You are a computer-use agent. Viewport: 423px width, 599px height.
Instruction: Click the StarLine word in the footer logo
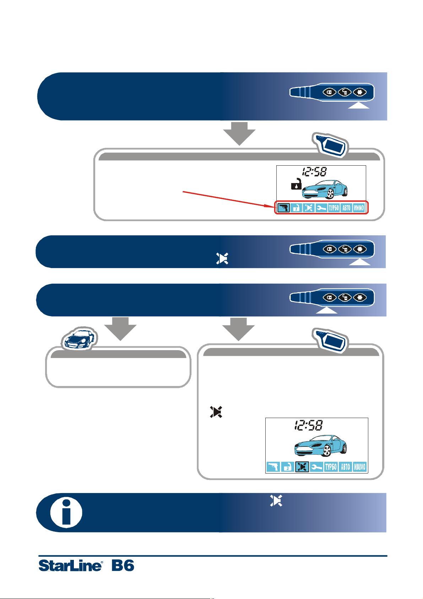(x=70, y=566)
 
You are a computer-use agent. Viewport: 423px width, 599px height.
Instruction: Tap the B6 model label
(x=123, y=565)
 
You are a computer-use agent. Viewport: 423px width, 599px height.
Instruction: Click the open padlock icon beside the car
(x=296, y=184)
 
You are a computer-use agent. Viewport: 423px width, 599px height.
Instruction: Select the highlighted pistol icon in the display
(x=283, y=208)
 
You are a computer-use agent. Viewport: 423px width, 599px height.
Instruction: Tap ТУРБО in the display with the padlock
(x=334, y=208)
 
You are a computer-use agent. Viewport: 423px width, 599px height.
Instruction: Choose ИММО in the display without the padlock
(x=359, y=467)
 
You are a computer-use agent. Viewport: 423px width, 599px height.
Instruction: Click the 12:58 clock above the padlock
(x=314, y=171)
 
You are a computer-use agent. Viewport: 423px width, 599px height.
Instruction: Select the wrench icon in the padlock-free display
(x=317, y=467)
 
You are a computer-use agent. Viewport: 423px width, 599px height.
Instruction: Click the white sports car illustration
(x=79, y=338)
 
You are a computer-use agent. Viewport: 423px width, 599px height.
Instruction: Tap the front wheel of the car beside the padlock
(x=331, y=194)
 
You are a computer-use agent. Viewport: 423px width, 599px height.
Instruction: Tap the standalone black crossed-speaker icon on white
(x=216, y=412)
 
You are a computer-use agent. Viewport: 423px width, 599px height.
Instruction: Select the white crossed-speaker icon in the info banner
(x=276, y=501)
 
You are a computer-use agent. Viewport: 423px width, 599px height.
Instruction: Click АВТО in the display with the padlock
(x=347, y=208)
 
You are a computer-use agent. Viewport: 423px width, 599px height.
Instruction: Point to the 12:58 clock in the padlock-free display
(x=309, y=425)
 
